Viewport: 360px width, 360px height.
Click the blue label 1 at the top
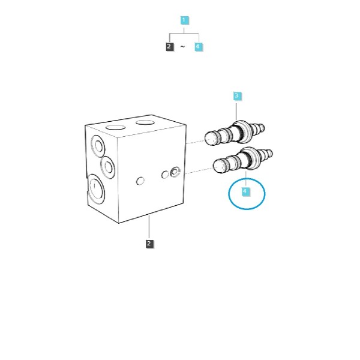point(184,20)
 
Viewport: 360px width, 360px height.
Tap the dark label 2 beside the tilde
point(169,47)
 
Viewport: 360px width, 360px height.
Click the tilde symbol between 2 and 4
point(182,47)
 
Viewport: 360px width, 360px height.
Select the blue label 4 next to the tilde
point(198,47)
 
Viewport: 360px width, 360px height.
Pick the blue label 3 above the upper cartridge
point(237,96)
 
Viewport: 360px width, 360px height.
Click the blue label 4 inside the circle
point(245,191)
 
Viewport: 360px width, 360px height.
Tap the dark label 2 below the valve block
point(149,244)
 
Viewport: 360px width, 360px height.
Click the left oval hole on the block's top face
point(115,127)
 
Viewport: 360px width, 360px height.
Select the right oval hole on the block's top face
point(145,122)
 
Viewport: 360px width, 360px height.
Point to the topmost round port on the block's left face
point(98,146)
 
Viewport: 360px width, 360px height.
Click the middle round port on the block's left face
point(107,167)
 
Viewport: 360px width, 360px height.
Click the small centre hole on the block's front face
point(140,181)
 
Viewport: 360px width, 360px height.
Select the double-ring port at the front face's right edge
point(175,172)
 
